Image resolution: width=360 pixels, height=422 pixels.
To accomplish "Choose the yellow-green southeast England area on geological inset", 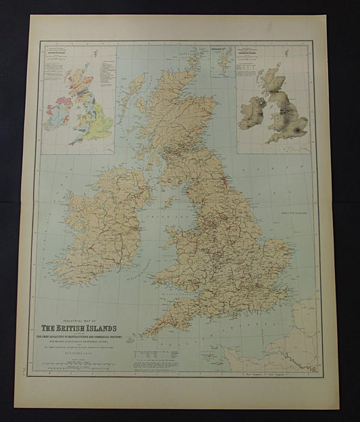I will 98,127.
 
